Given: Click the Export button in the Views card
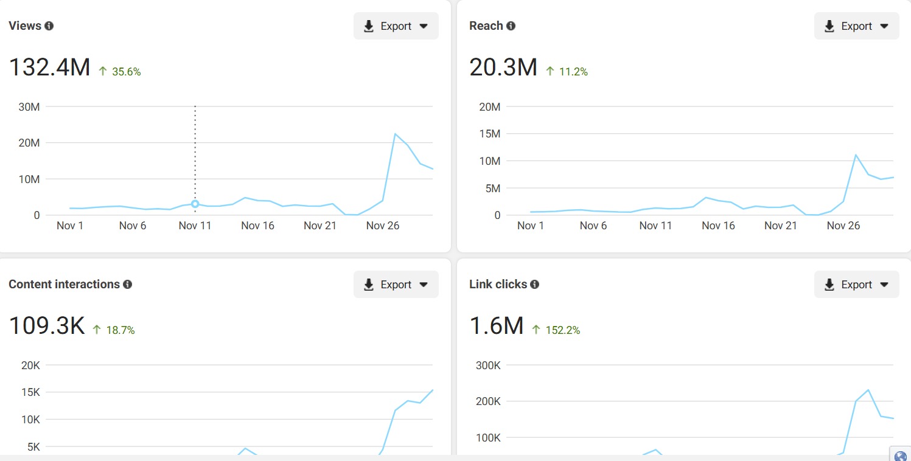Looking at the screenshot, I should [396, 26].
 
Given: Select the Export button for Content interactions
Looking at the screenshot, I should [396, 285].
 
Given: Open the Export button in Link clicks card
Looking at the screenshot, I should [856, 285].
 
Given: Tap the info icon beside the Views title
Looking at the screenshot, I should [49, 26].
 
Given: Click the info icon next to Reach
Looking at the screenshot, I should [511, 26].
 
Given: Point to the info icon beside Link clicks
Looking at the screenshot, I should [534, 285].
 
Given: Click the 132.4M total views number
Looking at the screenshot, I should [49, 67].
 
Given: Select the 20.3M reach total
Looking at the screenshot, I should [503, 67].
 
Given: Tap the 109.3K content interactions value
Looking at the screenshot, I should [47, 326].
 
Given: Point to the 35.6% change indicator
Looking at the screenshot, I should [126, 72].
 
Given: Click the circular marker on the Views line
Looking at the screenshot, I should [195, 204].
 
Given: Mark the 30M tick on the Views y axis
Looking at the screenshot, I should [29, 107].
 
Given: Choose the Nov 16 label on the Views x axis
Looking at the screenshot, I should [257, 226].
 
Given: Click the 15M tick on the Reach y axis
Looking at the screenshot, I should [489, 134].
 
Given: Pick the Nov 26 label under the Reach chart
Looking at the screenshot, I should [843, 226].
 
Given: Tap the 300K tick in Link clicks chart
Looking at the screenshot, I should [488, 366].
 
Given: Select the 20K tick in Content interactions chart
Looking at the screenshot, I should [30, 366].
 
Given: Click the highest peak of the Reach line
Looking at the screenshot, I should [856, 155].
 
